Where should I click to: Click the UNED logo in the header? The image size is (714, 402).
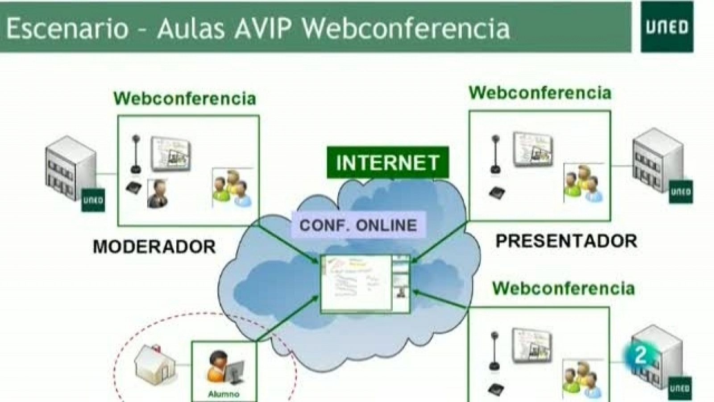pos(667,27)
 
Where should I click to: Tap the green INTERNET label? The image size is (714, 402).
pos(387,163)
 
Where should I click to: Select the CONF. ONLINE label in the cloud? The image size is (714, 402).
pos(358,225)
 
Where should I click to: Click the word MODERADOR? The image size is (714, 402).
pos(154,247)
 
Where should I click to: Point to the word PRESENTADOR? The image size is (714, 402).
pos(566,241)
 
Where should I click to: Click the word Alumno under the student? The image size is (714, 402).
pos(224,394)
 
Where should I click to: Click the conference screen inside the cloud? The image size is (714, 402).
pos(365,283)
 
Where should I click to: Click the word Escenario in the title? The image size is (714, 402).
pos(67,28)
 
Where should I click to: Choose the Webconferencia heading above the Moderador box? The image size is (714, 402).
pos(185,98)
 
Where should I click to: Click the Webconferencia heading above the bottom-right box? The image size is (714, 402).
pos(563,288)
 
